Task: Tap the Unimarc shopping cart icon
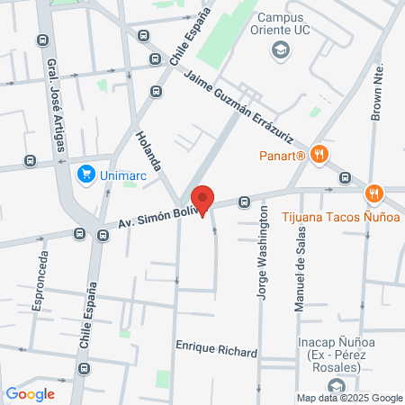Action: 86,174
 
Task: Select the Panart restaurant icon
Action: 318,155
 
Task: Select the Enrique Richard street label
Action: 217,351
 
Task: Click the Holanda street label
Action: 148,149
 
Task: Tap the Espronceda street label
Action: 39,281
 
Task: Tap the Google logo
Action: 30,393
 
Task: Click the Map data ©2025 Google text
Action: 350,398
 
